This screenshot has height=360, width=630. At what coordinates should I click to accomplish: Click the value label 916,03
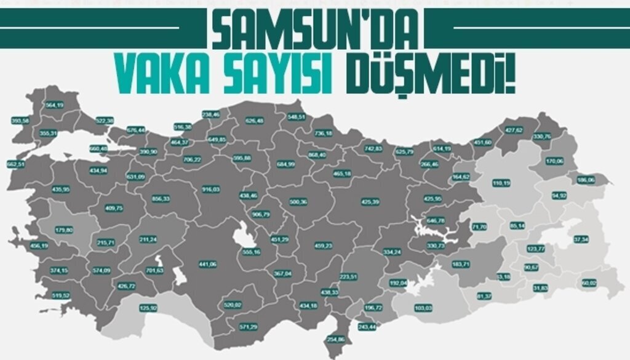[211, 190]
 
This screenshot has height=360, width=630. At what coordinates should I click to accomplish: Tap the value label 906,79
[261, 214]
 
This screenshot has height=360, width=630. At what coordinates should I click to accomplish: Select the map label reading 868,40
[317, 155]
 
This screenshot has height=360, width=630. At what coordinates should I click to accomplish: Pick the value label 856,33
[161, 199]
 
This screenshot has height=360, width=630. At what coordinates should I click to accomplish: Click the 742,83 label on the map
[373, 149]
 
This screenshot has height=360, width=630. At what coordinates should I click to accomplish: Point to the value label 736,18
[324, 134]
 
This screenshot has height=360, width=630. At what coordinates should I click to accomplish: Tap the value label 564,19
[55, 105]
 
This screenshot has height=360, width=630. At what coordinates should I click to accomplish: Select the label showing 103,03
[424, 308]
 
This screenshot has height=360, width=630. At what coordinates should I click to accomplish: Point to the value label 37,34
[581, 239]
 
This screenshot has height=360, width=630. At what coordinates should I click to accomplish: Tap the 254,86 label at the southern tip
[336, 340]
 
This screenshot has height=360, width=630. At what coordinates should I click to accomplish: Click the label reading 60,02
[589, 282]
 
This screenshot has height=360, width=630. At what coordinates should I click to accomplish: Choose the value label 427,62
[514, 130]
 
